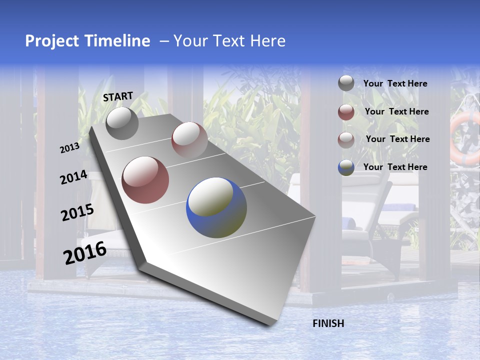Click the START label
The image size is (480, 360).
click(x=118, y=96)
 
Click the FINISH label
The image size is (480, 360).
click(x=328, y=323)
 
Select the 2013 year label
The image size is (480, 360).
click(x=69, y=148)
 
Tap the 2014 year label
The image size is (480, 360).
click(x=73, y=177)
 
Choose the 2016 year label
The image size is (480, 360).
click(x=85, y=253)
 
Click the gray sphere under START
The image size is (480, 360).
click(x=122, y=123)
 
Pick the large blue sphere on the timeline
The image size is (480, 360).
click(x=216, y=207)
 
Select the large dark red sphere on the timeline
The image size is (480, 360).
click(x=145, y=180)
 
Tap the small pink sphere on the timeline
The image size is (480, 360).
click(x=189, y=139)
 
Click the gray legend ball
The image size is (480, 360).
click(x=346, y=83)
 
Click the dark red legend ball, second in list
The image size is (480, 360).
click(x=346, y=112)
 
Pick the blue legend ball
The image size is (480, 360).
click(x=346, y=167)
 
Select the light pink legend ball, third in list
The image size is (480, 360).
click(x=346, y=139)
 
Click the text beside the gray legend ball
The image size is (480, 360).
click(x=395, y=84)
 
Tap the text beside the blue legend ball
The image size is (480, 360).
click(x=395, y=167)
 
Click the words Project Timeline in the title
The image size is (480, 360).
click(x=87, y=41)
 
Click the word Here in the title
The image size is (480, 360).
click(x=267, y=41)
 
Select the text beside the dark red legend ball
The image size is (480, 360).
click(x=396, y=111)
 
